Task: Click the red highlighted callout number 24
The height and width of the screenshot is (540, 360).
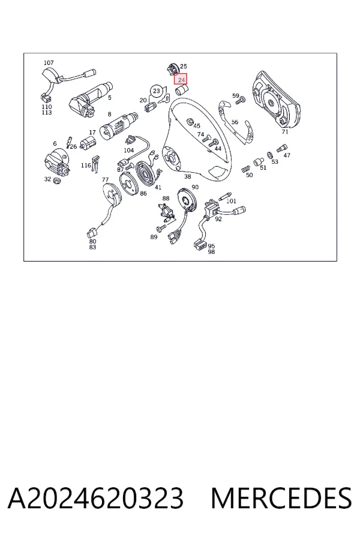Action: pyautogui.click(x=181, y=80)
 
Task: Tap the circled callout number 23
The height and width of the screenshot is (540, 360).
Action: pyautogui.click(x=157, y=91)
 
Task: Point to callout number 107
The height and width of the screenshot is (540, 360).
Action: pyautogui.click(x=49, y=62)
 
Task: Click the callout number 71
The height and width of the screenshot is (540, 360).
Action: pyautogui.click(x=284, y=132)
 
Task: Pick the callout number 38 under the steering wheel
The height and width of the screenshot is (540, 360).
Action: pyautogui.click(x=187, y=176)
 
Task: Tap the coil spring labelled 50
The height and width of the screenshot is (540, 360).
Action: pyautogui.click(x=244, y=169)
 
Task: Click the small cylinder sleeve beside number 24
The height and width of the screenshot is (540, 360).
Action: pyautogui.click(x=182, y=91)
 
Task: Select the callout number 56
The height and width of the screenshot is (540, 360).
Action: pyautogui.click(x=235, y=122)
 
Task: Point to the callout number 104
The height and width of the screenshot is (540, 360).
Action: pyautogui.click(x=128, y=150)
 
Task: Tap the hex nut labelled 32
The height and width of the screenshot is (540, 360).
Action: pyautogui.click(x=57, y=180)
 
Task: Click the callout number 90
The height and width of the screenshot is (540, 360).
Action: pyautogui.click(x=195, y=187)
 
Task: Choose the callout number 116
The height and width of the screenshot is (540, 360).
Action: pyautogui.click(x=86, y=166)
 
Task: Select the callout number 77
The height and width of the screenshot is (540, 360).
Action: pyautogui.click(x=105, y=180)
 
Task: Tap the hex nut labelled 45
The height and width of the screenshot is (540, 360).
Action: pyautogui.click(x=189, y=121)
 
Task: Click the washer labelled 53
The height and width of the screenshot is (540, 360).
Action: pyautogui.click(x=270, y=155)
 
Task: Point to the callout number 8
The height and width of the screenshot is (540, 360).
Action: pyautogui.click(x=109, y=115)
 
